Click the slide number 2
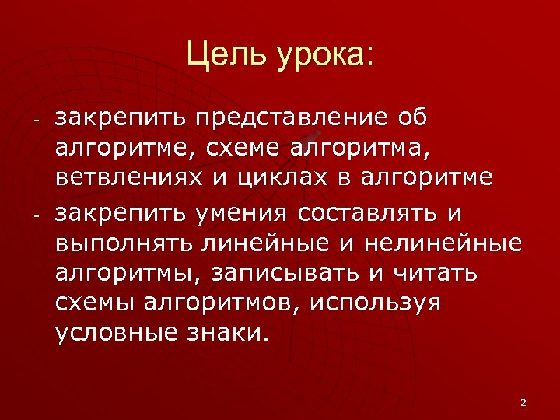(523, 402)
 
